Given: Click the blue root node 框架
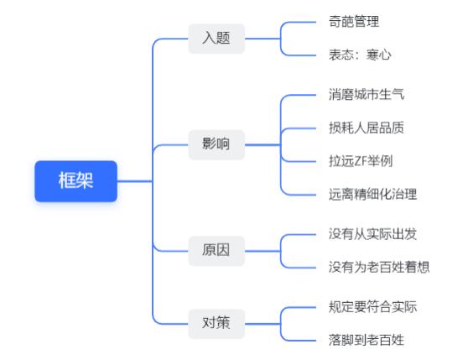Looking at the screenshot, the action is pos(75,181).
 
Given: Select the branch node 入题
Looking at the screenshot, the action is pos(216,39).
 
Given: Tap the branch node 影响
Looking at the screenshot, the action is pos(216,145).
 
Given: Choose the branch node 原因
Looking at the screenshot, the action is pos(216,251).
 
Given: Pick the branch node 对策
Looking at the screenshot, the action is pos(216,324).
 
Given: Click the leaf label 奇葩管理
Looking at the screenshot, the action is pos(354,22).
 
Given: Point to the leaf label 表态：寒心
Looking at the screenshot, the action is pos(360,55).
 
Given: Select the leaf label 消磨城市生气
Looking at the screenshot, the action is pos(367,95).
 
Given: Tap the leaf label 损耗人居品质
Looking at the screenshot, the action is pos(367,128).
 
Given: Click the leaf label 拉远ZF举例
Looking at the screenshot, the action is pos(361,161).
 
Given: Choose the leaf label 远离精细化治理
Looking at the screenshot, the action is pos(372,195).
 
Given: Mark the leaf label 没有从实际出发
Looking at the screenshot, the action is pos(372,234).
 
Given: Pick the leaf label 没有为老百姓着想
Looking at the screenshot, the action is pos(379,267).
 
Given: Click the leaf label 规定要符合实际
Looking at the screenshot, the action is pos(372,307).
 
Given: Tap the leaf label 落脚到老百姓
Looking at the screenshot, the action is pos(367,340).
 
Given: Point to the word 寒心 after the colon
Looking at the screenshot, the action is pos(379,55).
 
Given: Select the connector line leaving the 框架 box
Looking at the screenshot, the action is pos(134,181).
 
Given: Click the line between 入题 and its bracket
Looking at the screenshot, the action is pos(263,39).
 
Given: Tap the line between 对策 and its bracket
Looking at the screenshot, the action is pos(263,324).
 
